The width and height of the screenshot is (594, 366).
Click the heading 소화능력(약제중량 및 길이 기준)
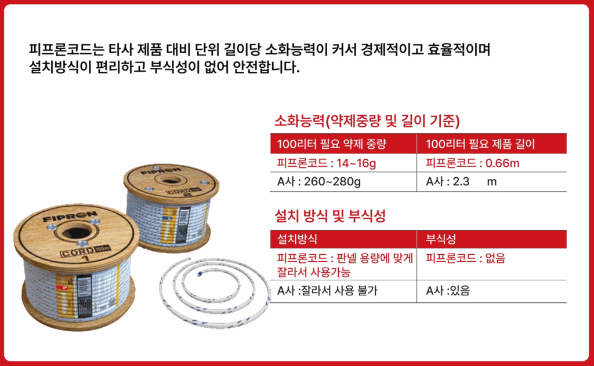tap(367, 121)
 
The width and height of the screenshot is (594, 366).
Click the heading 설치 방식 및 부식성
tap(330, 216)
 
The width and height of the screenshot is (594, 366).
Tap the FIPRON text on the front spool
tap(70, 217)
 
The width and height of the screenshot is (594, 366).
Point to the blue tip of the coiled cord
tap(200, 274)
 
